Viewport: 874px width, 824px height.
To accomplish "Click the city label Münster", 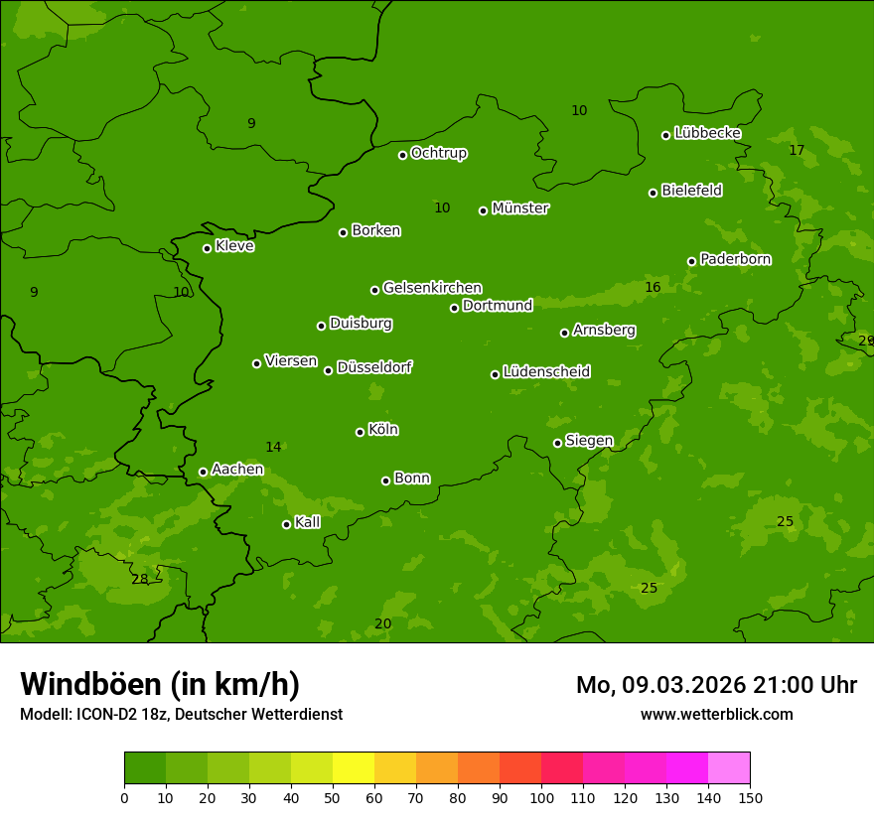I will tap(520, 208).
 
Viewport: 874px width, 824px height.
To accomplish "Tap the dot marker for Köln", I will tap(360, 432).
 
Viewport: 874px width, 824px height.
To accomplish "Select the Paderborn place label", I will tap(735, 259).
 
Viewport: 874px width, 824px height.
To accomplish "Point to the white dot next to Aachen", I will tap(203, 472).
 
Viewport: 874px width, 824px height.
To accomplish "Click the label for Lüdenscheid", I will tap(546, 372).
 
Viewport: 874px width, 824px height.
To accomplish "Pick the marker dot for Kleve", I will tap(207, 248).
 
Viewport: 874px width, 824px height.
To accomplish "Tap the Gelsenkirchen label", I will tap(432, 288).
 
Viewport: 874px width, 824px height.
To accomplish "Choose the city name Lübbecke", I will tap(707, 133).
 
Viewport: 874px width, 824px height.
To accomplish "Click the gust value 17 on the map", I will tap(797, 150).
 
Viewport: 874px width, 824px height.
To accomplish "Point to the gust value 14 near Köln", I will tap(273, 447).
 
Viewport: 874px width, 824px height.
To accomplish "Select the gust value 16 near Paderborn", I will tap(653, 287).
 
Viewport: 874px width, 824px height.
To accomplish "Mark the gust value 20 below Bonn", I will tap(382, 623).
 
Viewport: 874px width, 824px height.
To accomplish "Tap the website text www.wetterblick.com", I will tap(716, 714).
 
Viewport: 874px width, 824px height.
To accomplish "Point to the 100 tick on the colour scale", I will tap(541, 796).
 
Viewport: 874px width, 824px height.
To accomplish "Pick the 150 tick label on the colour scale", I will tap(750, 796).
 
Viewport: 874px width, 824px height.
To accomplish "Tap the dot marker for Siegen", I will tap(557, 443).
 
